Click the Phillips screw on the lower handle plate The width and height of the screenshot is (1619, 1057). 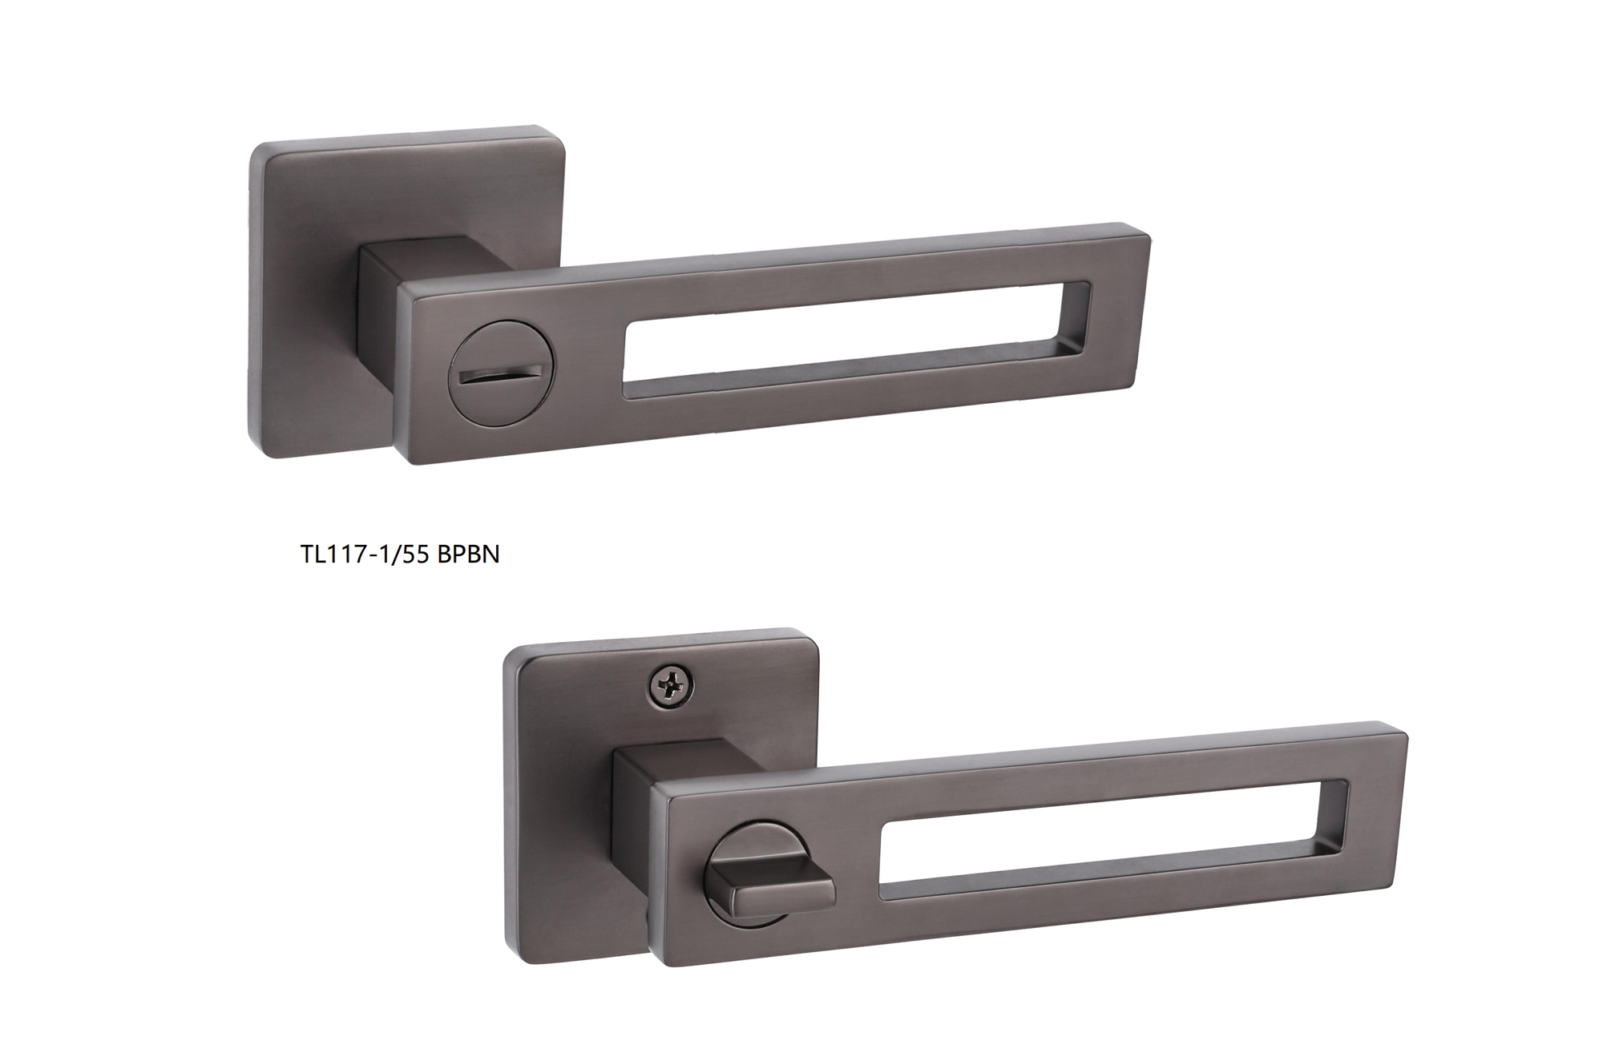click(672, 686)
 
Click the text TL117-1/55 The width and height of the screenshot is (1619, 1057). click(366, 554)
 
